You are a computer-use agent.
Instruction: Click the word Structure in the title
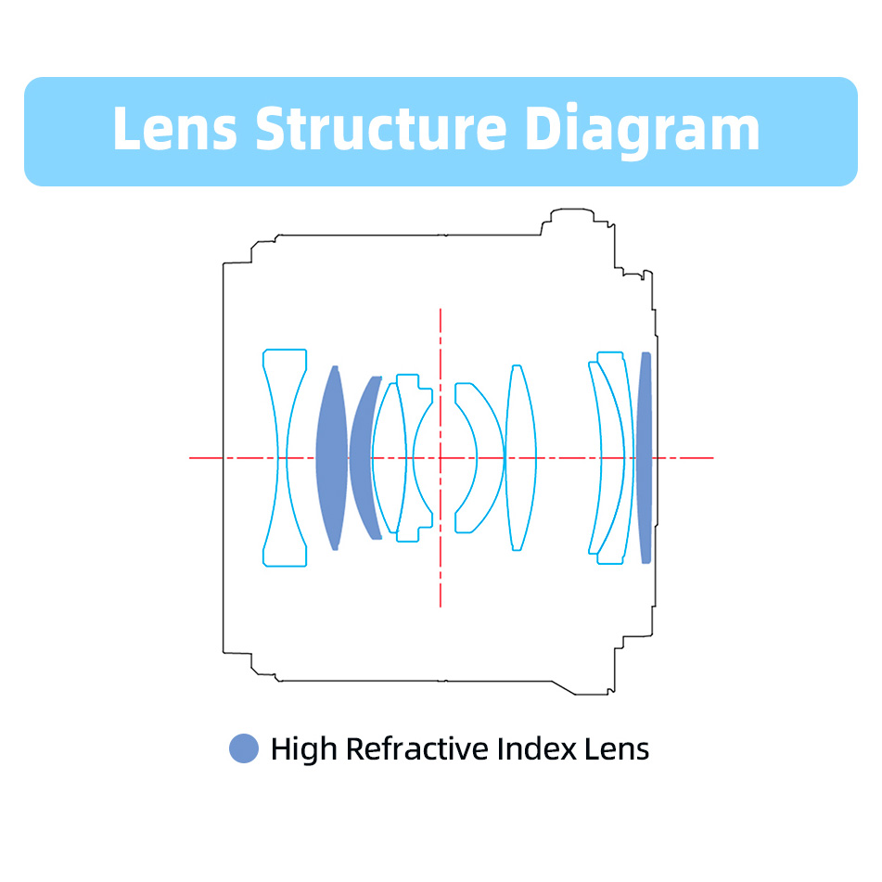(x=381, y=128)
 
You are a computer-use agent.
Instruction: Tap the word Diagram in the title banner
(x=642, y=131)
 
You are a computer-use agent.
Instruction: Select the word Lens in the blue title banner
(x=175, y=128)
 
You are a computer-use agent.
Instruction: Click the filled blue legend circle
(x=244, y=748)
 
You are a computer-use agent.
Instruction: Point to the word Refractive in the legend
(x=416, y=748)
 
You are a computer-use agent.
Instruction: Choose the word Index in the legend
(x=537, y=748)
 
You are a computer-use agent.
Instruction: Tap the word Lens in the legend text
(x=617, y=748)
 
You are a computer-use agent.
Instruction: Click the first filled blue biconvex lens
(x=332, y=458)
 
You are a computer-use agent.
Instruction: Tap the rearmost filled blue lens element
(x=645, y=458)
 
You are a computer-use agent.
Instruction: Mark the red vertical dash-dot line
(x=441, y=458)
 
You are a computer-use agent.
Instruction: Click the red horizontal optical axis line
(x=451, y=458)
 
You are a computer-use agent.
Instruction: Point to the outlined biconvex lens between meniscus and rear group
(x=521, y=458)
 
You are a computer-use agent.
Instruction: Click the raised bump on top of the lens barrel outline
(x=572, y=211)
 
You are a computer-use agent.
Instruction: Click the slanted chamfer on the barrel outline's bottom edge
(x=564, y=688)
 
